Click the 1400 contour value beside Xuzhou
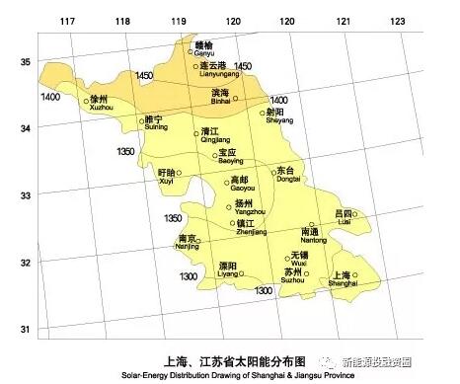point(50,97)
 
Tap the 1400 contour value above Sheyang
point(279,101)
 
